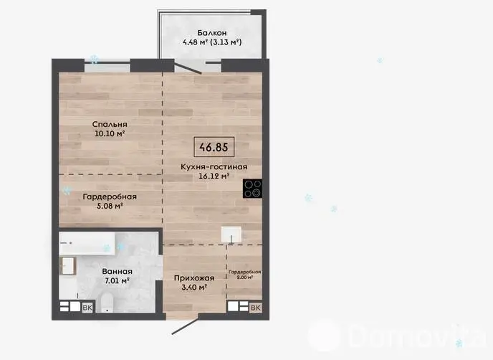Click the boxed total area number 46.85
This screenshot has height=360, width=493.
pyautogui.click(x=214, y=147)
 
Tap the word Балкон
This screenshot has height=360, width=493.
pyautogui.click(x=212, y=33)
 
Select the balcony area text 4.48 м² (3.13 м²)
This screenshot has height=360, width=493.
pyautogui.click(x=212, y=42)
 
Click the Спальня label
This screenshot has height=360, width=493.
pyautogui.click(x=110, y=124)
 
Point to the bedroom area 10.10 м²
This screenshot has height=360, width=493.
pyautogui.click(x=110, y=133)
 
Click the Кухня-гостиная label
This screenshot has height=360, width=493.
pyautogui.click(x=214, y=167)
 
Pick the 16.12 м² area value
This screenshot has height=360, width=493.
pyautogui.click(x=214, y=176)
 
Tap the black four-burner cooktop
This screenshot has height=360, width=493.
pyautogui.click(x=252, y=189)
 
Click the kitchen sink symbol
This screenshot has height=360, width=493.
pyautogui.click(x=231, y=235)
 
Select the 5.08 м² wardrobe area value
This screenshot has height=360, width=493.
pyautogui.click(x=110, y=206)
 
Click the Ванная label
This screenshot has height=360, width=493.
pyautogui.click(x=118, y=271)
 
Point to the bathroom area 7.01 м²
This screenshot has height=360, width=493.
pyautogui.click(x=118, y=280)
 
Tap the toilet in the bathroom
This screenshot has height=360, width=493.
pyautogui.click(x=105, y=303)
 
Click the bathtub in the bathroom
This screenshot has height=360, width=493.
pyautogui.click(x=87, y=244)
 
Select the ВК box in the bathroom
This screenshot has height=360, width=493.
pyautogui.click(x=87, y=308)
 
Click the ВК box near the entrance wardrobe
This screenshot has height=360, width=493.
pyautogui.click(x=256, y=308)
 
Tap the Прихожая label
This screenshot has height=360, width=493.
pyautogui.click(x=194, y=278)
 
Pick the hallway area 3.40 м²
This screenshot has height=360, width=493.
pyautogui.click(x=194, y=287)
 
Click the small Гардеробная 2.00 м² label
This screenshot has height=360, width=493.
pyautogui.click(x=245, y=275)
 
